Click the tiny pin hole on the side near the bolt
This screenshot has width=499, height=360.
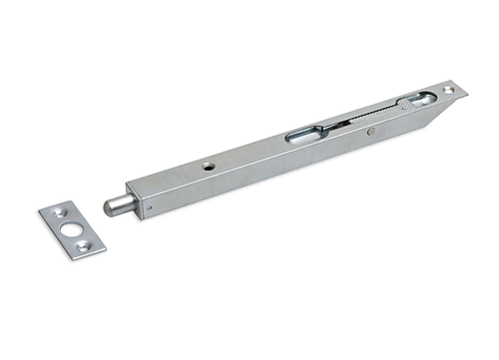[x=148, y=209]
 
